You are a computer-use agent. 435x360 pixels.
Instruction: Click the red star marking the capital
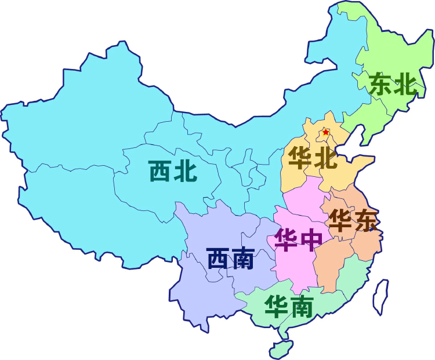(326, 133)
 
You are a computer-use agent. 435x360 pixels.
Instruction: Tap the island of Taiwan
(380, 296)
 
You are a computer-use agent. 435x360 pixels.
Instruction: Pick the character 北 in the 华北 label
(325, 157)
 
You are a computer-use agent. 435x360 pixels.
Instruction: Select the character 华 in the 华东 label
(340, 220)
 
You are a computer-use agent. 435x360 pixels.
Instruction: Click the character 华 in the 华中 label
(287, 239)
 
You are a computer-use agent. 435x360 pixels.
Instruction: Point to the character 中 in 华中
(311, 239)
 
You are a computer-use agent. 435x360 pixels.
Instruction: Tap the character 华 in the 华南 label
(277, 305)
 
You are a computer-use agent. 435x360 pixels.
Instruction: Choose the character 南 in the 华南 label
(302, 305)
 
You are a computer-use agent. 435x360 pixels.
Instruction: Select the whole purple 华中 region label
(299, 239)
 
